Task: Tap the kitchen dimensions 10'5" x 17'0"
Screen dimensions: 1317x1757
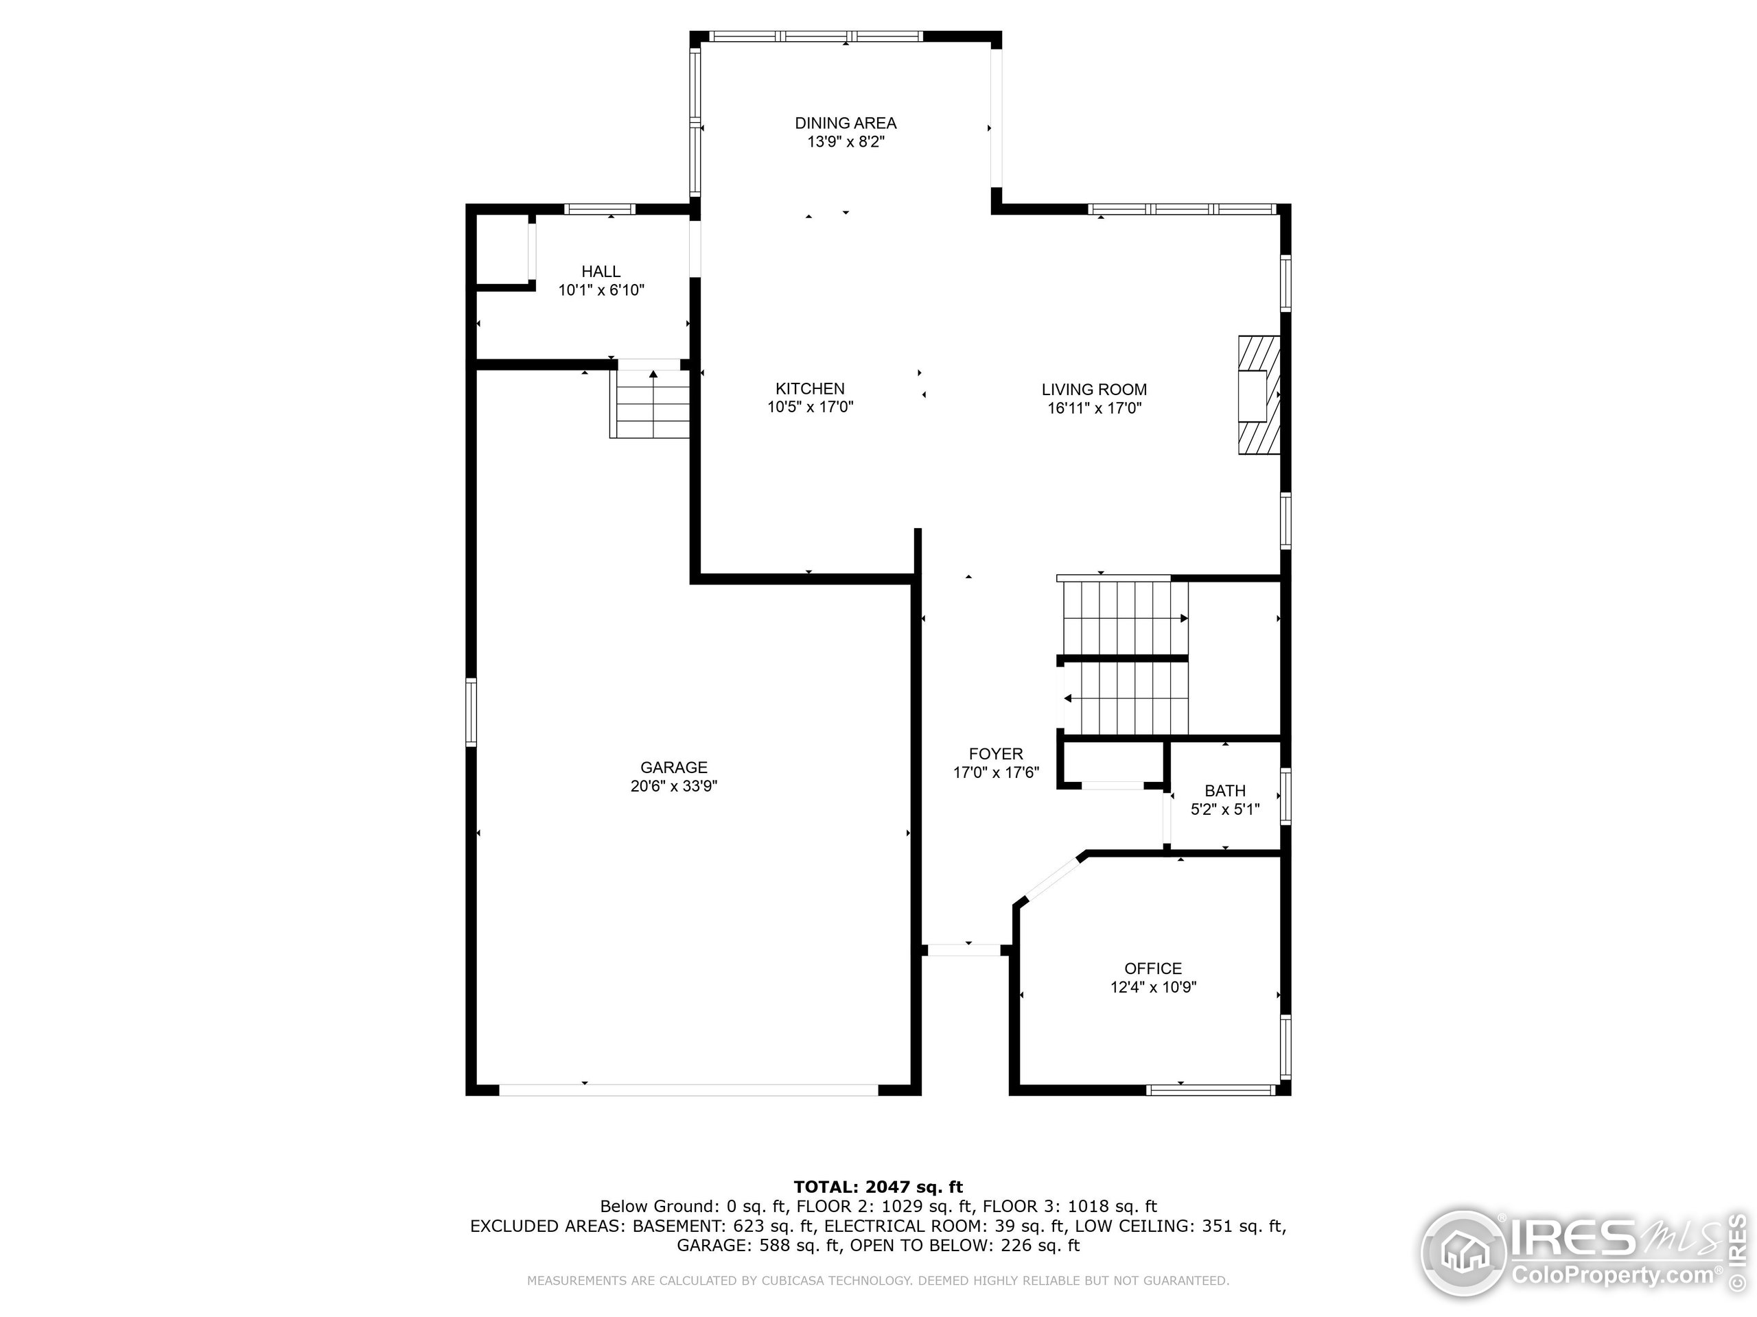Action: pos(810,407)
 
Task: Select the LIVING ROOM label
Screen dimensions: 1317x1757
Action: pos(1094,389)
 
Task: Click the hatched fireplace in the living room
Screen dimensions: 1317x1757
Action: pos(1258,395)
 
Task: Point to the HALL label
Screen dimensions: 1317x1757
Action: pos(601,272)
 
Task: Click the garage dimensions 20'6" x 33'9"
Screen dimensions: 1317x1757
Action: pos(673,786)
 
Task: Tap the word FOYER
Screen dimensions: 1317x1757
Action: pos(995,753)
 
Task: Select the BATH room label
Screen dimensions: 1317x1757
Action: pos(1225,791)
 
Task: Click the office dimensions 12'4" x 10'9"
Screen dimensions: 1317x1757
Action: pos(1153,987)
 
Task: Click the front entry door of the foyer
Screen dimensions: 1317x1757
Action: pos(964,949)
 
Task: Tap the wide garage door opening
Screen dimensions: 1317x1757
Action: pos(688,1090)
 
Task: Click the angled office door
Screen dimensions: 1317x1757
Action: pos(1051,879)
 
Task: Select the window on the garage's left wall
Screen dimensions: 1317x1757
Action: pos(471,712)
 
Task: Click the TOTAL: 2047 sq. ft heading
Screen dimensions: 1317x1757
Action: pos(878,1187)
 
